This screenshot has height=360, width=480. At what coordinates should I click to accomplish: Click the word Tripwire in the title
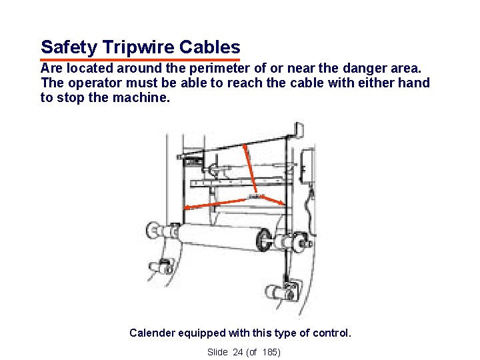(x=139, y=47)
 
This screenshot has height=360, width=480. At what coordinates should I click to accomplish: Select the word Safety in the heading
(x=69, y=47)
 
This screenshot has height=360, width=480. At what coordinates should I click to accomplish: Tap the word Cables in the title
(x=210, y=47)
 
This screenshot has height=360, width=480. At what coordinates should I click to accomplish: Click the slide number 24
(x=237, y=353)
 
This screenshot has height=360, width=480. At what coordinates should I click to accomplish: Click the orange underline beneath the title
(x=140, y=60)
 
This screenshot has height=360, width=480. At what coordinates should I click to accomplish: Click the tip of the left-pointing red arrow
(x=184, y=208)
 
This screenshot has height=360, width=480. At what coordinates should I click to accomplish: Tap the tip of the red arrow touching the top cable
(x=244, y=145)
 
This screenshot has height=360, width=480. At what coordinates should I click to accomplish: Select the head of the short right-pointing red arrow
(x=283, y=204)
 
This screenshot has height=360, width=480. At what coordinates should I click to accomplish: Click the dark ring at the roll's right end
(x=264, y=239)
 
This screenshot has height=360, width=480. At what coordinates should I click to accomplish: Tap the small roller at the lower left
(x=161, y=266)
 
